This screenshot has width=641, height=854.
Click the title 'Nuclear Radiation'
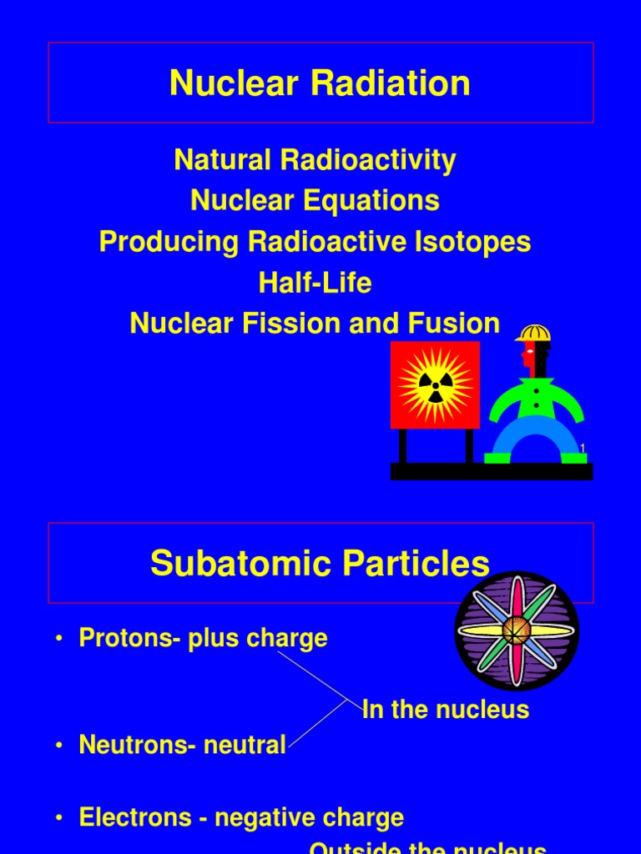coord(320,83)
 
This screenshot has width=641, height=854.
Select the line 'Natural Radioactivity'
coord(315,159)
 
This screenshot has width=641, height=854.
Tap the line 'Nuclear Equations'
coord(315,200)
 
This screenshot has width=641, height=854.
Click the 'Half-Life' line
coord(315,283)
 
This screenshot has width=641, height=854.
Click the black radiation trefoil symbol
coord(434,385)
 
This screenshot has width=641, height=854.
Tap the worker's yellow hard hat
coord(533,334)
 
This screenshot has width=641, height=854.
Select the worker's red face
coord(529,355)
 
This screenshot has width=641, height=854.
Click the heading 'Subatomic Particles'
coord(320,565)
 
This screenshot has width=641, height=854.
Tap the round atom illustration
coord(517,630)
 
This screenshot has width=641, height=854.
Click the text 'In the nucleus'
coord(446,710)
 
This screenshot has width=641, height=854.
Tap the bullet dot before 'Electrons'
coord(59,819)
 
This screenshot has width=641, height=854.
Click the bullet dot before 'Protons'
coord(59,640)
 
